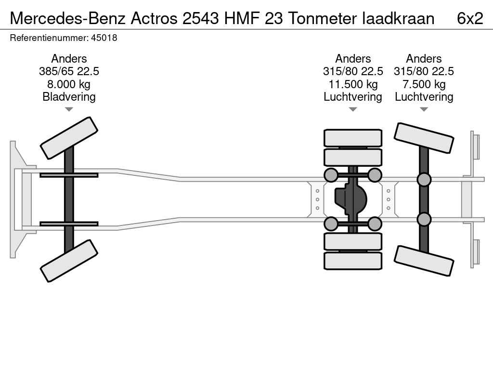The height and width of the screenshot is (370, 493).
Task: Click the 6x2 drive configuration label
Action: pyautogui.click(x=470, y=18)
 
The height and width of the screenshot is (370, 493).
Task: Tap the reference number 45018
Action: pyautogui.click(x=104, y=38)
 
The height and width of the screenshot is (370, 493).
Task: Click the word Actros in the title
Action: pyautogui.click(x=154, y=18)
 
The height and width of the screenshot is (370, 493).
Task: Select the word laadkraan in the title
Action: pyautogui.click(x=398, y=18)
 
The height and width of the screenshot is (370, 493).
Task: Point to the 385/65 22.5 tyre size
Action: pyautogui.click(x=69, y=71)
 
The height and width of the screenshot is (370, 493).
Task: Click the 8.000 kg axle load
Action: pyautogui.click(x=69, y=84)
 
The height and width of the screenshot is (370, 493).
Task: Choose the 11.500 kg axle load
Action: pyautogui.click(x=353, y=84)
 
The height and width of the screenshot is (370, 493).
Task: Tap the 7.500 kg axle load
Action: pyautogui.click(x=424, y=84)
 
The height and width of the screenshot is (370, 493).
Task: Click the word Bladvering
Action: pyautogui.click(x=69, y=97)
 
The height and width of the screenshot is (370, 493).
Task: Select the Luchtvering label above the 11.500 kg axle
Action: pyautogui.click(x=353, y=97)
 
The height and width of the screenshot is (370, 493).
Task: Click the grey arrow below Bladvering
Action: pyautogui.click(x=69, y=109)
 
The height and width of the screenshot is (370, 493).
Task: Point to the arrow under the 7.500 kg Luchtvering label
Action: pyautogui.click(x=424, y=109)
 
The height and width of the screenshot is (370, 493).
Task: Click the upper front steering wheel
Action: pyautogui.click(x=69, y=138)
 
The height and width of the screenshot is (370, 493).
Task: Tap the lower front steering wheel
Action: pyautogui.click(x=69, y=261)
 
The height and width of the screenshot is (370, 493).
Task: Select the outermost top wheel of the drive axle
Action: pyautogui.click(x=353, y=138)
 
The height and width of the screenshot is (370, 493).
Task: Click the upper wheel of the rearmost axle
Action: pyautogui.click(x=424, y=138)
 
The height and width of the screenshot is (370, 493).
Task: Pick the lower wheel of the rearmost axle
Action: pyautogui.click(x=424, y=261)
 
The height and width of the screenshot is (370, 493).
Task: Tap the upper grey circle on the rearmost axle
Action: pyautogui.click(x=424, y=179)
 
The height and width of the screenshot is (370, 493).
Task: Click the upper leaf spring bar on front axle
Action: pyautogui.click(x=69, y=175)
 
